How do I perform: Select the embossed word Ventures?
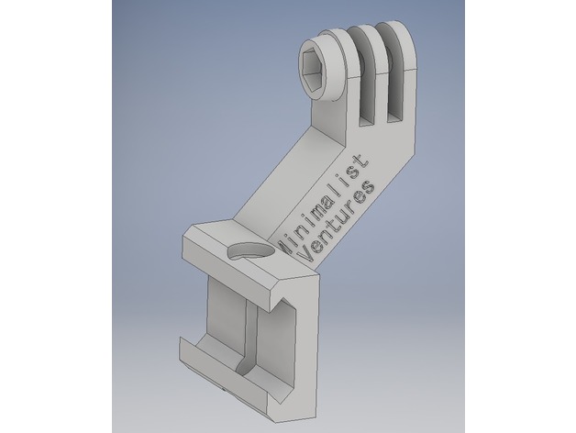tap(338, 221)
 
